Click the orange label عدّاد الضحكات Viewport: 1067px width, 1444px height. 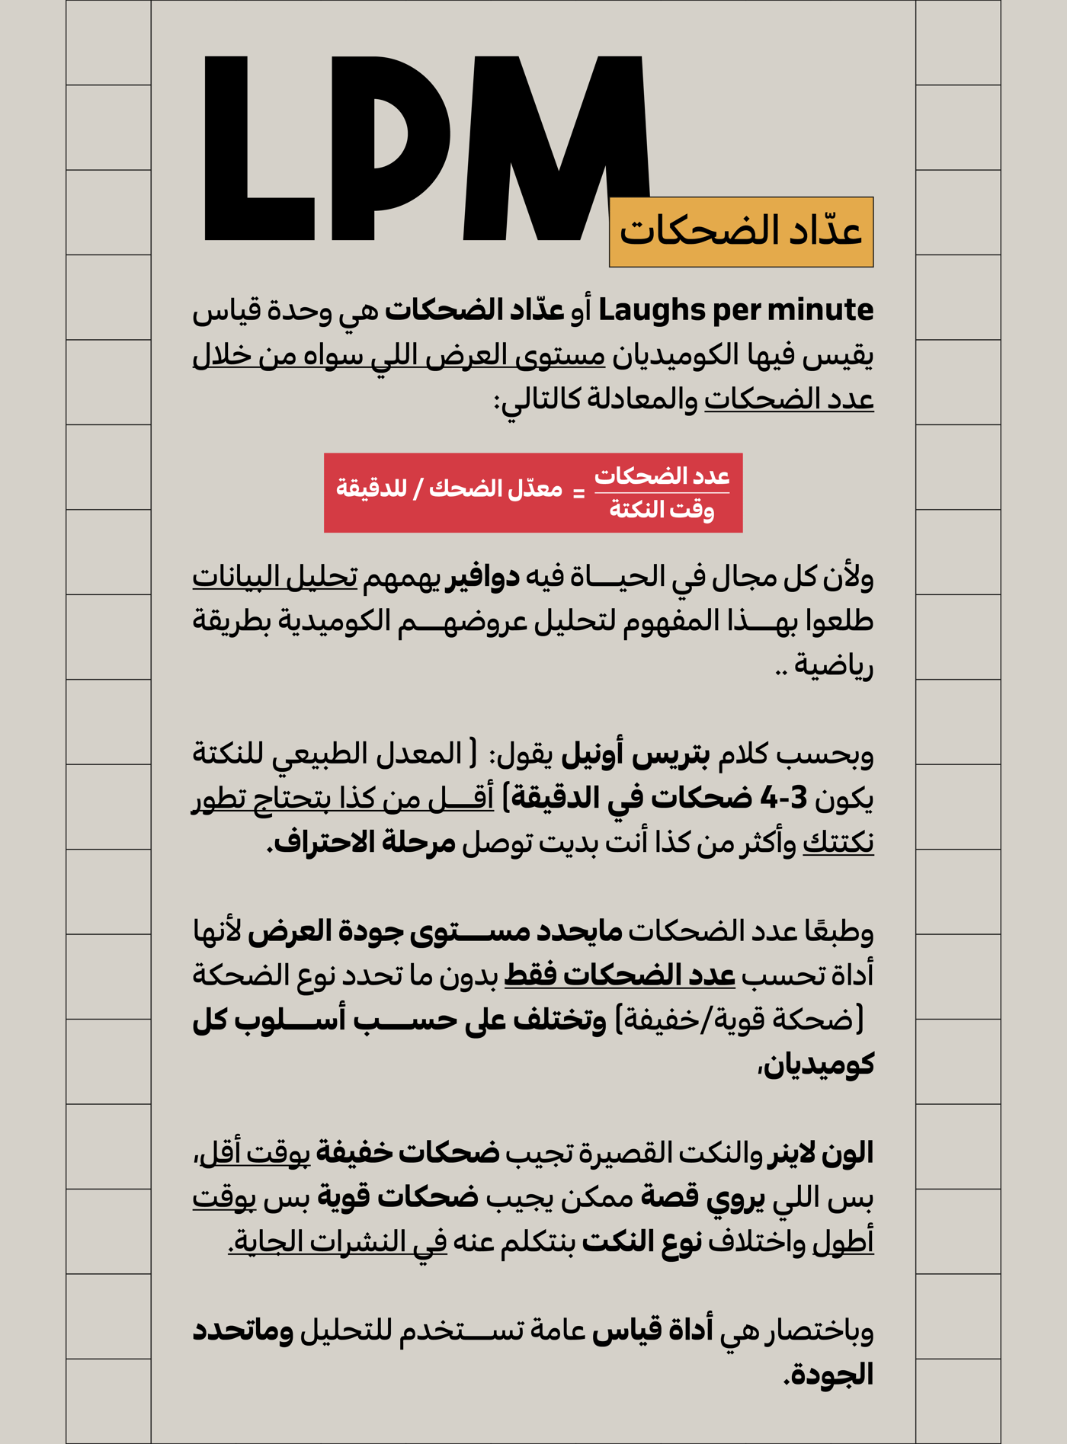pos(741,232)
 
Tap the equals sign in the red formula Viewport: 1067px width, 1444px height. pos(579,494)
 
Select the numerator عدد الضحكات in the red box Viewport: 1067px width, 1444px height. pos(662,476)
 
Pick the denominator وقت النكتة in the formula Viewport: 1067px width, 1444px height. pos(662,509)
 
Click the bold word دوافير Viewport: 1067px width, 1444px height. pos(483,578)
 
